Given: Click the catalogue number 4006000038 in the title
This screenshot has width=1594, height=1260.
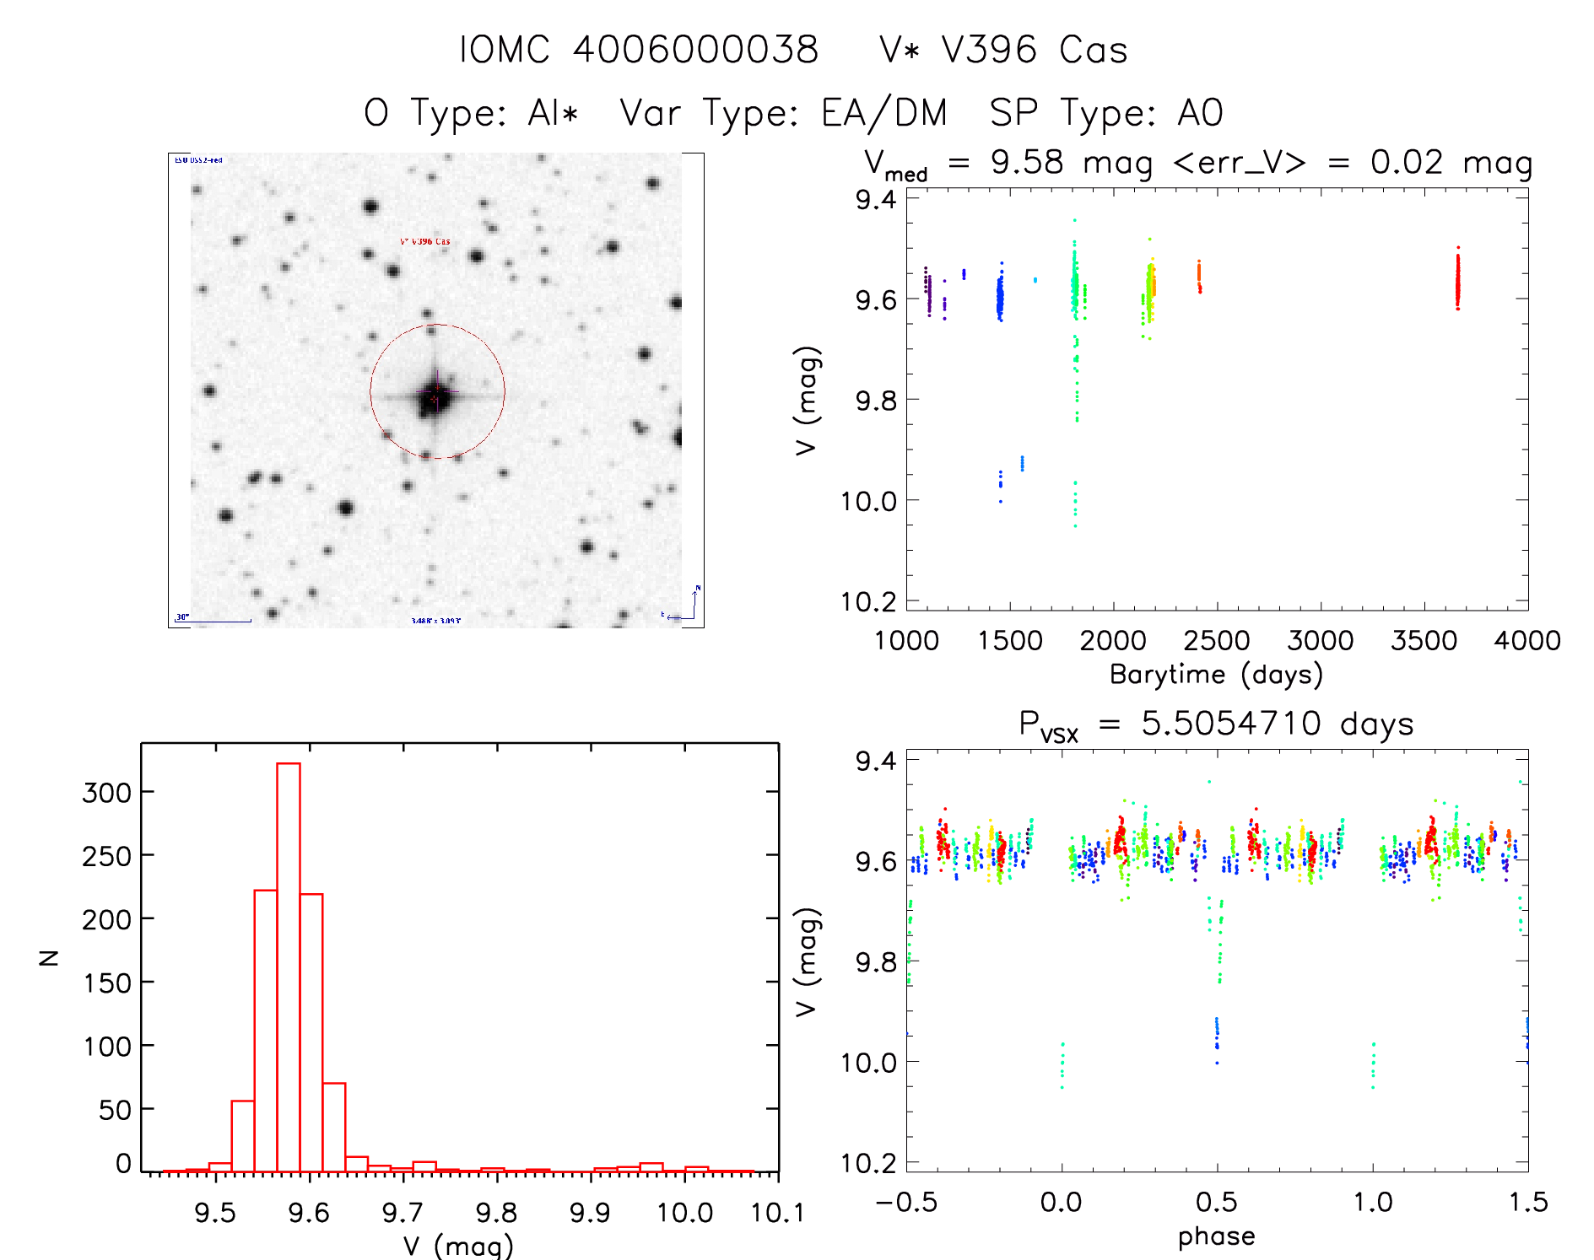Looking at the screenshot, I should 696,50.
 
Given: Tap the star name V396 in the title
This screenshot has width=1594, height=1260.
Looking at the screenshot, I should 989,50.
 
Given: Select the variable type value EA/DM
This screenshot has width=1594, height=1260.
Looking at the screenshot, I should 884,113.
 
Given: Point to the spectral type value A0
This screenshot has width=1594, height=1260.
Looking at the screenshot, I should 1200,113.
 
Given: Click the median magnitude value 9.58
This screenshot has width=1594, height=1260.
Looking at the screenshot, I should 1027,162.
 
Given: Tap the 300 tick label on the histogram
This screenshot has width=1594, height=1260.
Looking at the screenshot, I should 107,793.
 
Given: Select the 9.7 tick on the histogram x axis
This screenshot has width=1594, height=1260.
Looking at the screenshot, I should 403,1213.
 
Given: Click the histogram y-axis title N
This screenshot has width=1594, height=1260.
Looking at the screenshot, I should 49,957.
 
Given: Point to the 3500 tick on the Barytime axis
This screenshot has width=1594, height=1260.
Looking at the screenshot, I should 1424,640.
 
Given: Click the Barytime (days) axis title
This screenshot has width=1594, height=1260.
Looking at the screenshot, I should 1216,674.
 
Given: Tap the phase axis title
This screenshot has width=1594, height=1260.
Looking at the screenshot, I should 1216,1236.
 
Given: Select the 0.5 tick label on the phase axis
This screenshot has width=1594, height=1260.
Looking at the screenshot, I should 1216,1202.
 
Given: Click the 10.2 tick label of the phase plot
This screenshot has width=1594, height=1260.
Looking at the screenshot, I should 868,1163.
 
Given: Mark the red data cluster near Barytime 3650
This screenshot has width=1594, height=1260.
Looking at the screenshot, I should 1457,281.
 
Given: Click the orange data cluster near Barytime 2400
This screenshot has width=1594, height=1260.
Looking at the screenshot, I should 1198,276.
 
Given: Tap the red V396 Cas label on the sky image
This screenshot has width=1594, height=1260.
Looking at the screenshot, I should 425,241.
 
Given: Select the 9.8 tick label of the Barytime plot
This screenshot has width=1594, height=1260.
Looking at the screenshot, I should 875,400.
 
